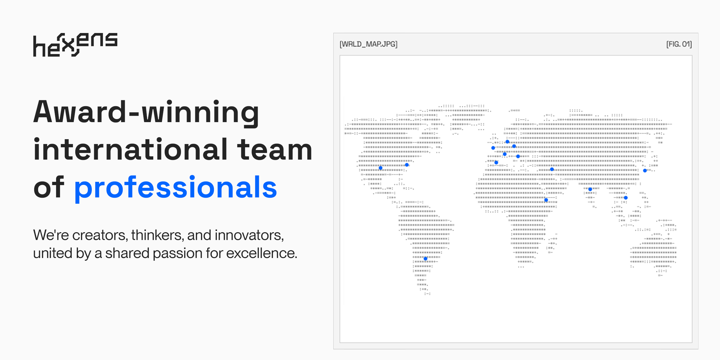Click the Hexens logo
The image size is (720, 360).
coord(75,45)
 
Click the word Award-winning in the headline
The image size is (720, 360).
coord(146,112)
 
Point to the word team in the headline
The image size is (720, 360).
coord(275,150)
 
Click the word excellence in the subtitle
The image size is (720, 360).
coord(261,253)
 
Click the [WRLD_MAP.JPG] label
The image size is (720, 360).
coord(368,44)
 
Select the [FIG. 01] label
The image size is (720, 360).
coord(679,44)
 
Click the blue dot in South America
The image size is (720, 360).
coord(425,259)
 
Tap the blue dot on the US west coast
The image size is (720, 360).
coord(381,168)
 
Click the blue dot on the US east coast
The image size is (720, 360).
coord(407,165)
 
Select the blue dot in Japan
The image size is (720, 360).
coord(645,170)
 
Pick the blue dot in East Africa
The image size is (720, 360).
coord(546,200)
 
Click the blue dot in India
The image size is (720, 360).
coord(590,189)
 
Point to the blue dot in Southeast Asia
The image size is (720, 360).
coord(626,198)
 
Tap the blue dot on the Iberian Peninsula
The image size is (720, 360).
coord(496,163)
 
